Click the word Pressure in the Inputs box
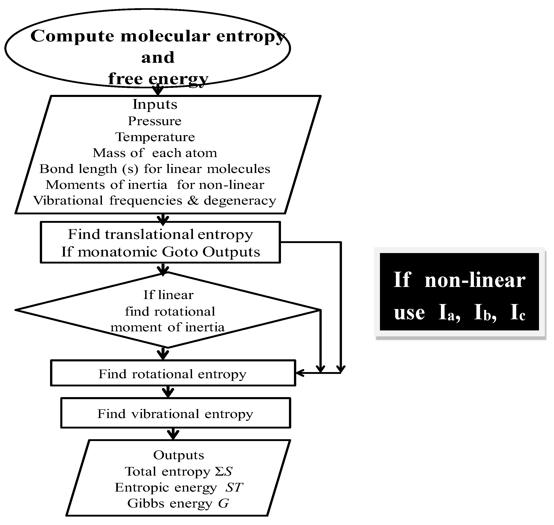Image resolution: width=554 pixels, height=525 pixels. tap(154, 121)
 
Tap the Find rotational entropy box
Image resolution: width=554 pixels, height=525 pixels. tap(173, 374)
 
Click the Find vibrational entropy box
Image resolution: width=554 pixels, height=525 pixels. tap(175, 414)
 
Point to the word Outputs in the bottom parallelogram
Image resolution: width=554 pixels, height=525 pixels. tap(179, 455)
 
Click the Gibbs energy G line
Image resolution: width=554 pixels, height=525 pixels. tap(178, 503)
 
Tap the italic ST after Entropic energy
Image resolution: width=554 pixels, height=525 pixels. tap(234, 487)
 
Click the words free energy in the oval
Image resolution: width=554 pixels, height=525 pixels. tap(158, 79)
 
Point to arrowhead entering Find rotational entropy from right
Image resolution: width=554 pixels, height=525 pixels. tap(299, 373)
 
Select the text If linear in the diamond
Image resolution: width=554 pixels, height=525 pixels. tap(168, 295)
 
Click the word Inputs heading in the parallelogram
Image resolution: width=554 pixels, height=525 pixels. tap(155, 104)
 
